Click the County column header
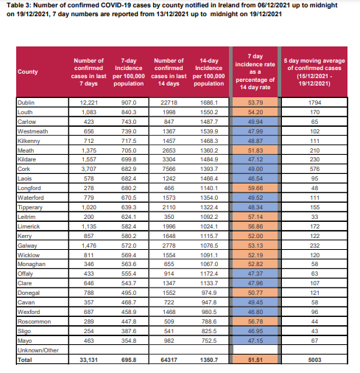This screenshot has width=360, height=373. (x=27, y=72)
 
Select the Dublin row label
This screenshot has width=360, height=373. (x=26, y=102)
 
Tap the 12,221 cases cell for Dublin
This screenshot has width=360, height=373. (x=88, y=102)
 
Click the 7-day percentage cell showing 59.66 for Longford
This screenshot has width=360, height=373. (x=255, y=188)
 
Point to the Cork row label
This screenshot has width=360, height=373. (x=24, y=169)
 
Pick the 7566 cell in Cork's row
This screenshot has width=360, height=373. (x=169, y=169)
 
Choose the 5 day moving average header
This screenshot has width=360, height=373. (x=314, y=72)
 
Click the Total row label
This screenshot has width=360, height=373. (x=24, y=360)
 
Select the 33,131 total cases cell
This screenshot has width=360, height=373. (x=88, y=360)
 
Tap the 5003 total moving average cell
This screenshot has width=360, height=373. (x=314, y=360)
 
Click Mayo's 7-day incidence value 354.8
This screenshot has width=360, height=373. (x=129, y=341)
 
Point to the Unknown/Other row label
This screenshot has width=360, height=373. (x=38, y=350)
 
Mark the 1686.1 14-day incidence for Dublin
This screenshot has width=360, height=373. (x=209, y=102)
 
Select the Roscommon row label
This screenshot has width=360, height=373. (x=34, y=321)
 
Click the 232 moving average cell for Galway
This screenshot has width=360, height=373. (x=314, y=245)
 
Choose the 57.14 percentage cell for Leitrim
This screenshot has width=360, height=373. (x=255, y=217)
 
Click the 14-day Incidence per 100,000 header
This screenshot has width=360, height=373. (x=208, y=72)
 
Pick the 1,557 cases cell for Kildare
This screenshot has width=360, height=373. (x=88, y=159)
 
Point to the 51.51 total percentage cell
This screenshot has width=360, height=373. (x=255, y=360)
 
